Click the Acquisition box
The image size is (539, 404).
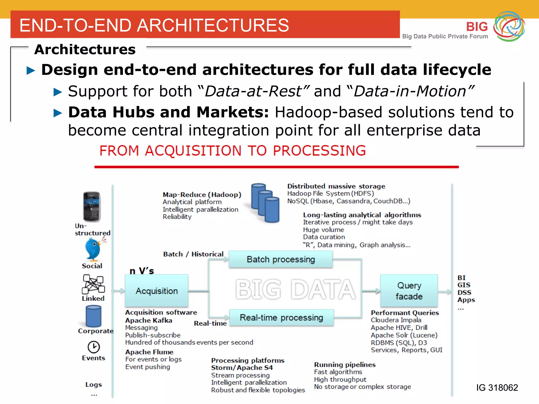click(157, 291)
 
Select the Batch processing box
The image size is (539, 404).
click(281, 259)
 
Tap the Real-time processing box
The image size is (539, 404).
click(281, 318)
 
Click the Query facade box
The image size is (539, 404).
click(409, 291)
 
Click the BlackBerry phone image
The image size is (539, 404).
click(92, 207)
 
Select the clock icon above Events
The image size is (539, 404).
click(94, 347)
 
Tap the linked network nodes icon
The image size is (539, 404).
click(93, 284)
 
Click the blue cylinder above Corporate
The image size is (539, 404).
click(93, 316)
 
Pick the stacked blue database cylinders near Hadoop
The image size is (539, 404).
click(265, 203)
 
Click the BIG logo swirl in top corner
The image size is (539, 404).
click(509, 26)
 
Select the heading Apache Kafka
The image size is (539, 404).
click(149, 320)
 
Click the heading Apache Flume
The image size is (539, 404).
click(149, 352)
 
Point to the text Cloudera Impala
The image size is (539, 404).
click(396, 320)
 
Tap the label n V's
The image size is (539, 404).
click(142, 271)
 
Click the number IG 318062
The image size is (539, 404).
click(497, 387)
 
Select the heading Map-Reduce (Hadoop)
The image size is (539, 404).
click(202, 195)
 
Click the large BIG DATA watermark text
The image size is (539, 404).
click(295, 289)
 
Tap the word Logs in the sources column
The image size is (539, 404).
click(93, 385)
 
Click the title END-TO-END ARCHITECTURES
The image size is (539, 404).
click(154, 26)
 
